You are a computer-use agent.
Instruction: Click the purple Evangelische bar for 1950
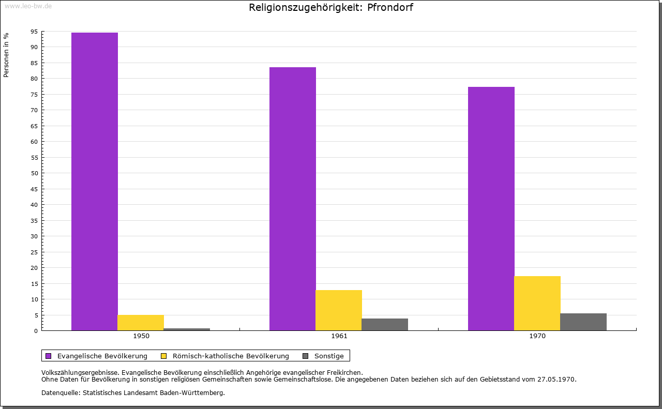(x=95, y=181)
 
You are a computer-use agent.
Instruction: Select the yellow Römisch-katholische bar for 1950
(x=141, y=322)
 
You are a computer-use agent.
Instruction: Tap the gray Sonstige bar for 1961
(x=385, y=324)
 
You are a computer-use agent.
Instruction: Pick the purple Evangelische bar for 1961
(x=293, y=199)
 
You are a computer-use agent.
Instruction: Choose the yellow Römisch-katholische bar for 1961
(x=339, y=310)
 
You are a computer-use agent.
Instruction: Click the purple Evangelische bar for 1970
(x=491, y=208)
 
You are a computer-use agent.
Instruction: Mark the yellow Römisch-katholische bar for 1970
(x=537, y=303)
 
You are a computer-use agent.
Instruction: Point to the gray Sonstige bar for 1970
(x=583, y=322)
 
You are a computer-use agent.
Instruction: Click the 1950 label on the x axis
(x=141, y=336)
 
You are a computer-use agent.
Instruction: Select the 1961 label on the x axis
(x=339, y=336)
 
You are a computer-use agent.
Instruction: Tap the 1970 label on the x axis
(x=537, y=336)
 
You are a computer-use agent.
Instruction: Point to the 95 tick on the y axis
(x=34, y=32)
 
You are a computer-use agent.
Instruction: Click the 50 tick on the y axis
(x=34, y=173)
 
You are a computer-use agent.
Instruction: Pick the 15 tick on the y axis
(x=34, y=283)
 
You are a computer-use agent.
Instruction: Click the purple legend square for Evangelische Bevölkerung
(x=49, y=356)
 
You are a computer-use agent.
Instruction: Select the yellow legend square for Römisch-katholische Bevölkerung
(x=164, y=356)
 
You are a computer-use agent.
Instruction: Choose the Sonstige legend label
(x=329, y=356)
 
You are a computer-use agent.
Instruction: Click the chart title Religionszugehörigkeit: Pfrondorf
(x=331, y=8)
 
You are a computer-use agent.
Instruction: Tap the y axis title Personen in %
(x=6, y=55)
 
